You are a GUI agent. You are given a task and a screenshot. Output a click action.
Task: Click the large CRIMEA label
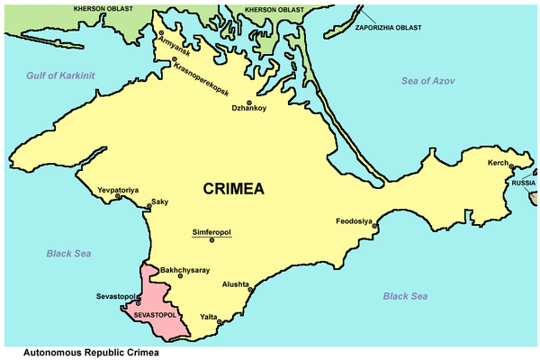click(234, 189)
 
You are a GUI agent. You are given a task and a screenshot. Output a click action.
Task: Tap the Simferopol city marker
click(211, 240)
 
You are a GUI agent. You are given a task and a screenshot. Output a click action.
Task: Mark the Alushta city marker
click(250, 290)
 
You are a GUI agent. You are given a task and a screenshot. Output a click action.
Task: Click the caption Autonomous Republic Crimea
click(88, 351)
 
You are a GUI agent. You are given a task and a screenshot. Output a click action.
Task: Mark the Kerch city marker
click(512, 166)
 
